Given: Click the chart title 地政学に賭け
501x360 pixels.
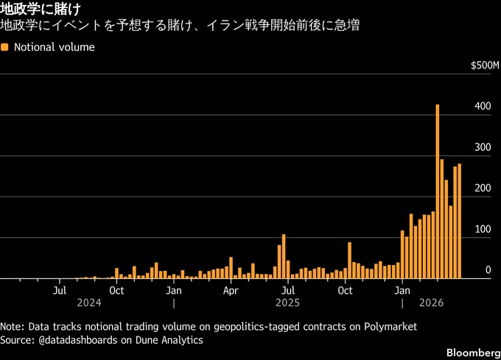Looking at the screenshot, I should [41, 10].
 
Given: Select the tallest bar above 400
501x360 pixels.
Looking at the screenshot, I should [438, 191].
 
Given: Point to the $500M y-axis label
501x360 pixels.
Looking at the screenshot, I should [486, 66].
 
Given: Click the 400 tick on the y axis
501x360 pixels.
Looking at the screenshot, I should [483, 107].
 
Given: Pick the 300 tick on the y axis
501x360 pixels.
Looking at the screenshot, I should [483, 148].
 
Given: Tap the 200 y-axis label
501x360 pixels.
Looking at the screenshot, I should [483, 189].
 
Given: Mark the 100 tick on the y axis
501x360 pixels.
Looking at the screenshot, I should [483, 230].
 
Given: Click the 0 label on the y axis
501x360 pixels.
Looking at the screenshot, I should [488, 271].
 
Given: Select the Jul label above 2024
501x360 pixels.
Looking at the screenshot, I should [60, 290].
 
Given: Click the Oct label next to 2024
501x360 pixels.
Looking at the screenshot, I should [116, 290].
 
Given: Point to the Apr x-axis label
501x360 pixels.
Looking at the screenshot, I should [231, 290].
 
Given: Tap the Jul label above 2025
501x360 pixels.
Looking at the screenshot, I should [287, 290].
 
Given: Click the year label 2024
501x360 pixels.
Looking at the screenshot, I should [88, 303].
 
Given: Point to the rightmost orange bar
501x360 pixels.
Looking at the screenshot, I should [459, 221].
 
